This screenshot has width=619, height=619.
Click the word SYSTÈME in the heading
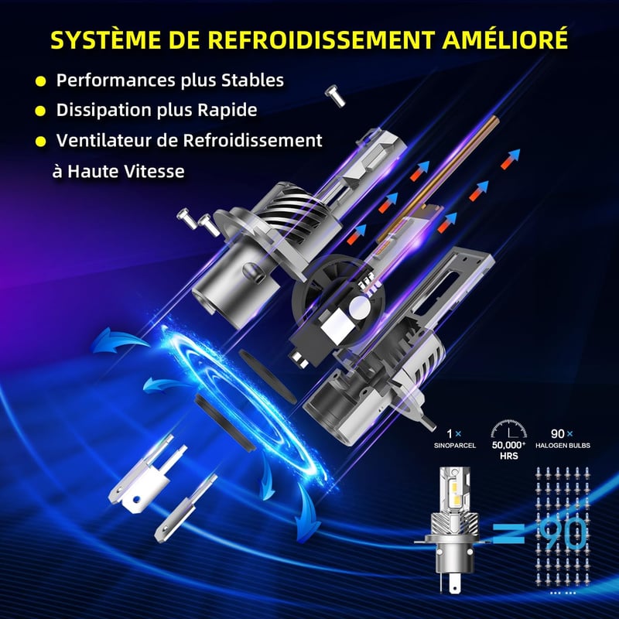[106, 39]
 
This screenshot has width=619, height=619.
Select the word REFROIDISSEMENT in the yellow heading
[321, 39]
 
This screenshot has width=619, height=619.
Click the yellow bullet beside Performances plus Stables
[41, 82]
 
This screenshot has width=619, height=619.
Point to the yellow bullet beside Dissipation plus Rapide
[40, 111]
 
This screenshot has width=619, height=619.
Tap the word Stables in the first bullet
[252, 80]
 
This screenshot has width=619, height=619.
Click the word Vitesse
[154, 171]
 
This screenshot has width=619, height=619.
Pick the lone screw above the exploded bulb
[335, 95]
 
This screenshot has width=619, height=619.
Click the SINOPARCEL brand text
[455, 446]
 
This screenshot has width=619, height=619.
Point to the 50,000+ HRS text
[508, 450]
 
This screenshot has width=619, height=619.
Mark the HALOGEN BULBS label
[563, 446]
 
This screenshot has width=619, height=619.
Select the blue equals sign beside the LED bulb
[509, 534]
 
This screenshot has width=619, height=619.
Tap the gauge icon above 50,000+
[509, 429]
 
